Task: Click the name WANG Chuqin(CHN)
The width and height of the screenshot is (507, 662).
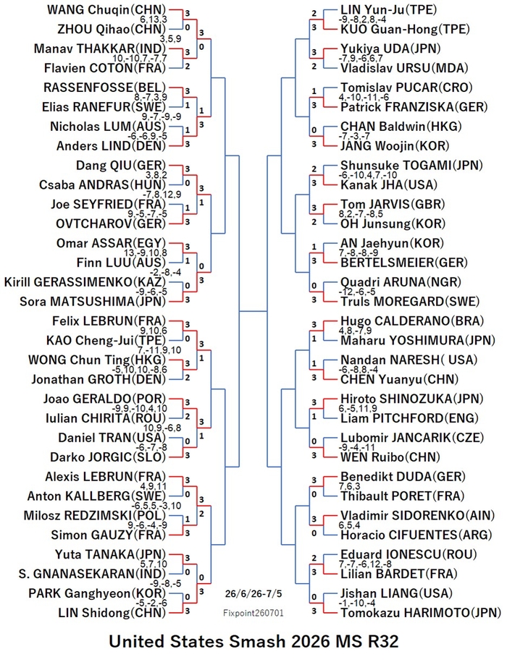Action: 106,9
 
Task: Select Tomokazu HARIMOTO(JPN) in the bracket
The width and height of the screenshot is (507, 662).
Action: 421,613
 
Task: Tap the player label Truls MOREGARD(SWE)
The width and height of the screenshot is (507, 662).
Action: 410,302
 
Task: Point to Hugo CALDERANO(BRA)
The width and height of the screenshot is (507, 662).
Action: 412,321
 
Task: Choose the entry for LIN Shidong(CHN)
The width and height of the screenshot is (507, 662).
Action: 112,613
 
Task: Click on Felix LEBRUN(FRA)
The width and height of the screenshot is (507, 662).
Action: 109,321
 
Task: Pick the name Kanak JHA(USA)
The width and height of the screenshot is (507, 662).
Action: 389,184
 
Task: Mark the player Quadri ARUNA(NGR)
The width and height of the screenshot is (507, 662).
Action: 401,282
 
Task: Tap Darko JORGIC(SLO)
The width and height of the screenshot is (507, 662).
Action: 108,457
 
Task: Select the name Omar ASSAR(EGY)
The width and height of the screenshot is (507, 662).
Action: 111,243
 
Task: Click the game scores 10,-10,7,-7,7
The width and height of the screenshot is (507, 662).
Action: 140,59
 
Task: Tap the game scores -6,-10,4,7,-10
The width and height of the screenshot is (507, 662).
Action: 368,175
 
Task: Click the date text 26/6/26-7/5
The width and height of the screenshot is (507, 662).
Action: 253,593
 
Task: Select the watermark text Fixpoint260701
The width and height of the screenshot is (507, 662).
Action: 253,613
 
